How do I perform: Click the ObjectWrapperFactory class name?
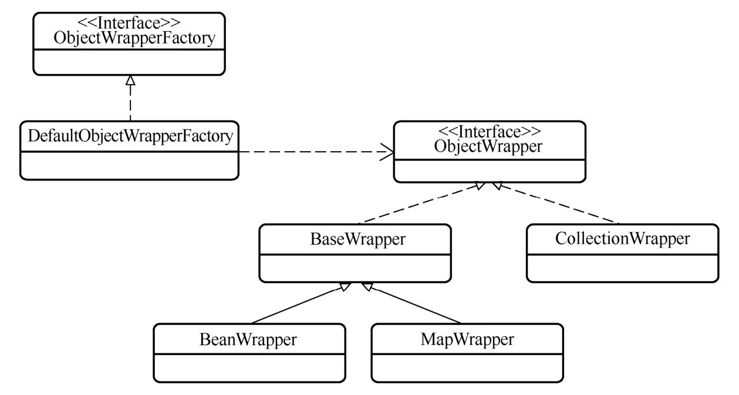[x=130, y=39]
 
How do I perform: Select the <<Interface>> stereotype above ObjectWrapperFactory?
[x=129, y=24]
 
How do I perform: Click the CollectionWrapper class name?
[x=622, y=239]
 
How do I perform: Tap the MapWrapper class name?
[x=467, y=339]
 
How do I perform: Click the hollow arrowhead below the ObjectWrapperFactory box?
[x=130, y=81]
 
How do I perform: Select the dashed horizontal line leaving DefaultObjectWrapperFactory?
[x=311, y=152]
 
